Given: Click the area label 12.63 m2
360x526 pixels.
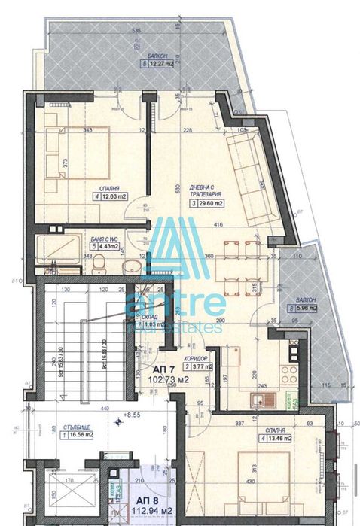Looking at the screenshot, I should coord(113,199).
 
